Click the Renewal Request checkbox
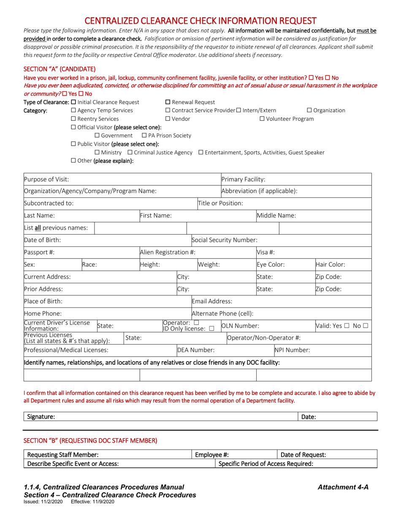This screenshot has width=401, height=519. tap(168, 102)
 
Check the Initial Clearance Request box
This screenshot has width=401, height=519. tap(74, 102)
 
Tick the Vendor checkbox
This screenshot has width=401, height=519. tap(168, 119)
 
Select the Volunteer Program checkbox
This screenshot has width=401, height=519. tap(262, 119)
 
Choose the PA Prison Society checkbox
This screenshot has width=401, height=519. tap(144, 135)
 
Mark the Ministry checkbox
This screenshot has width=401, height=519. tap(98, 152)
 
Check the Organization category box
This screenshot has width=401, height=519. tap(309, 111)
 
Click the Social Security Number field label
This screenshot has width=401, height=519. tap(224, 240)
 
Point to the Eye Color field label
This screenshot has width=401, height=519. tap(271, 265)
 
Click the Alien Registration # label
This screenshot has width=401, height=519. tap(167, 252)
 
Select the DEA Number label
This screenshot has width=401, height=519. tap(196, 350)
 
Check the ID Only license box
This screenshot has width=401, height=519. tap(211, 329)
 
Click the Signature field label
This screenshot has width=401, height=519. tap(41, 417)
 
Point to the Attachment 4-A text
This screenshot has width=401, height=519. tap(343, 487)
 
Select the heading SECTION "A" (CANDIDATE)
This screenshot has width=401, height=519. tap(60, 69)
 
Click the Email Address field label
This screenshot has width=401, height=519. tap(212, 301)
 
